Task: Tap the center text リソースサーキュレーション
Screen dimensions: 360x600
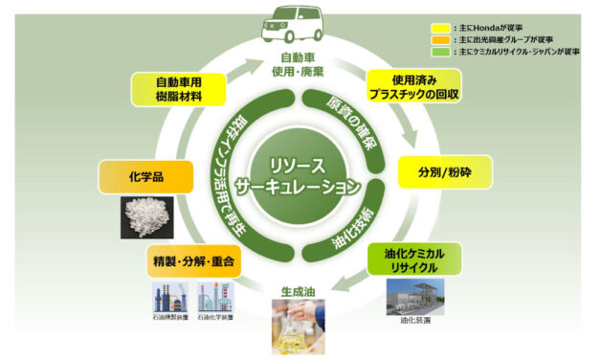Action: pyautogui.click(x=300, y=173)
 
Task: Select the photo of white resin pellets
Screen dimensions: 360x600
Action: pyautogui.click(x=148, y=216)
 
